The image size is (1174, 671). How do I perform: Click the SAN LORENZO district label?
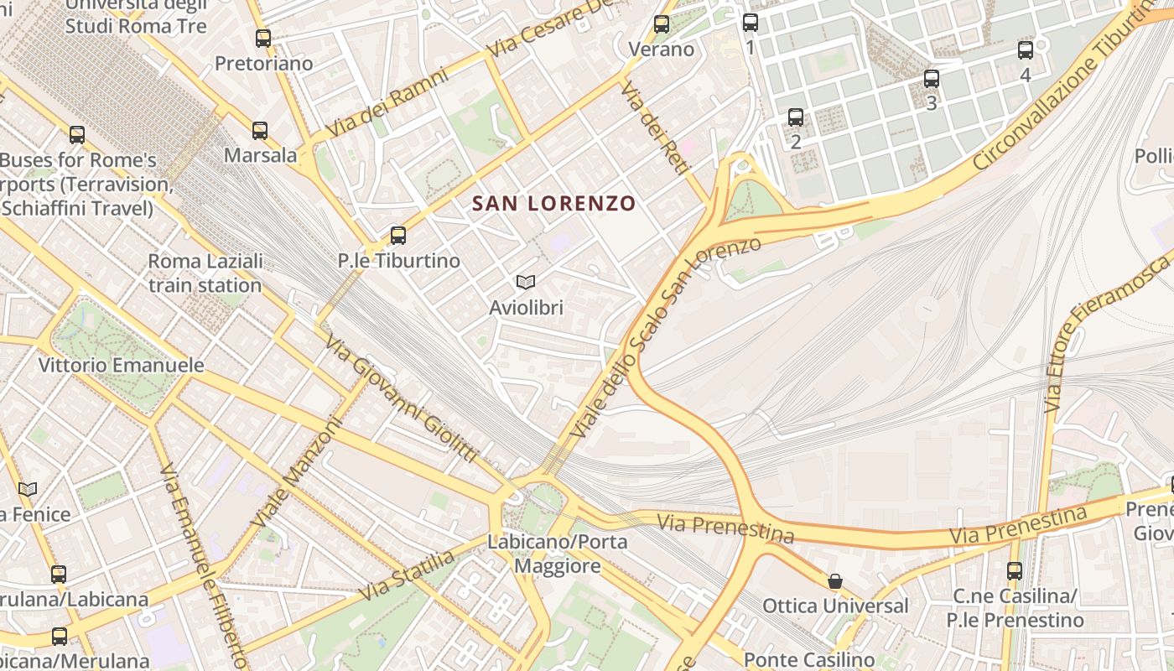[x=553, y=203]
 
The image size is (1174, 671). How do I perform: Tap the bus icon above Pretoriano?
[x=263, y=39]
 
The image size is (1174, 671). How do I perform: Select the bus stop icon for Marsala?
[x=260, y=131]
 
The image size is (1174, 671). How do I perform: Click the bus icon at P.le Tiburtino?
[x=398, y=236]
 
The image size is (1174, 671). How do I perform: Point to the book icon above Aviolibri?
[x=526, y=283]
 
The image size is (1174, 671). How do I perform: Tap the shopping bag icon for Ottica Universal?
[x=835, y=581]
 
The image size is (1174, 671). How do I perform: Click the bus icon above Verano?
[x=662, y=24]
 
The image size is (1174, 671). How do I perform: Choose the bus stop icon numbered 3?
[x=932, y=80]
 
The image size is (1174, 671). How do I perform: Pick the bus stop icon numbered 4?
[x=1026, y=50]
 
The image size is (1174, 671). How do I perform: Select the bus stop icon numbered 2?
[x=796, y=117]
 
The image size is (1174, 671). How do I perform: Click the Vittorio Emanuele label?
[x=122, y=366]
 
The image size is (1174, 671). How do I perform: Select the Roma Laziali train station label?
[x=205, y=273]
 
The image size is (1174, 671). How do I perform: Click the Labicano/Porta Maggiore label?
[x=558, y=554]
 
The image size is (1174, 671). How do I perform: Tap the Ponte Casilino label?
[x=808, y=660]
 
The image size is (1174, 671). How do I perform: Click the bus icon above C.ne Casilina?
[x=1015, y=572]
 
